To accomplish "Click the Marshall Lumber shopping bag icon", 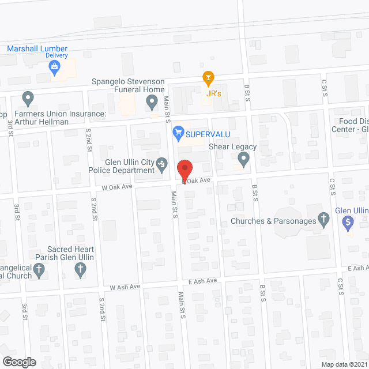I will [x=55, y=68].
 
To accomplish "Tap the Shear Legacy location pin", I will [x=244, y=159].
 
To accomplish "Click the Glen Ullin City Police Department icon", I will [x=163, y=166].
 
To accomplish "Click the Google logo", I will [x=19, y=362].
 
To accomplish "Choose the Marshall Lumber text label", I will [x=37, y=48].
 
